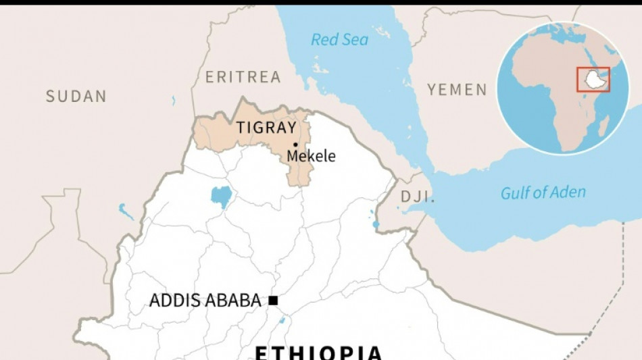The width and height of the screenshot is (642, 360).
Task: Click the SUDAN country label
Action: [76, 97]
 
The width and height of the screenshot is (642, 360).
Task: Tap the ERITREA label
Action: [243, 77]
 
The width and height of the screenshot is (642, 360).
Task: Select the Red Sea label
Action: [340, 39]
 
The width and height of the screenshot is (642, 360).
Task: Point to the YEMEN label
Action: [457, 89]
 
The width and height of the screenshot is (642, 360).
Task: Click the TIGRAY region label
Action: [266, 128]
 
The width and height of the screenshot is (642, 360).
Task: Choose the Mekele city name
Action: [311, 156]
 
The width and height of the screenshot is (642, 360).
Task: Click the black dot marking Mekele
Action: [295, 145]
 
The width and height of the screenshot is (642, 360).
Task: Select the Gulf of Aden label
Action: [543, 192]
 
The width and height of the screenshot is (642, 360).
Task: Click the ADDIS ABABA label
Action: [205, 301]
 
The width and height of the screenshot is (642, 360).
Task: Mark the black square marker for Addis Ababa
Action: [273, 301]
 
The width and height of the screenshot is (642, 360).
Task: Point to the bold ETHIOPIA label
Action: [318, 353]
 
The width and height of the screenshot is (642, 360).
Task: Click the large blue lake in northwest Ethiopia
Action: [221, 196]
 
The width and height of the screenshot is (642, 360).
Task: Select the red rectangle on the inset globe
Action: [593, 80]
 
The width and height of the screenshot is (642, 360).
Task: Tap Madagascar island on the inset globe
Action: [604, 126]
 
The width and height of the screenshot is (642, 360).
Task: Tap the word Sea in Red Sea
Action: [355, 39]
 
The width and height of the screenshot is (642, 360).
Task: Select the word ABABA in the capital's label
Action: [235, 301]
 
